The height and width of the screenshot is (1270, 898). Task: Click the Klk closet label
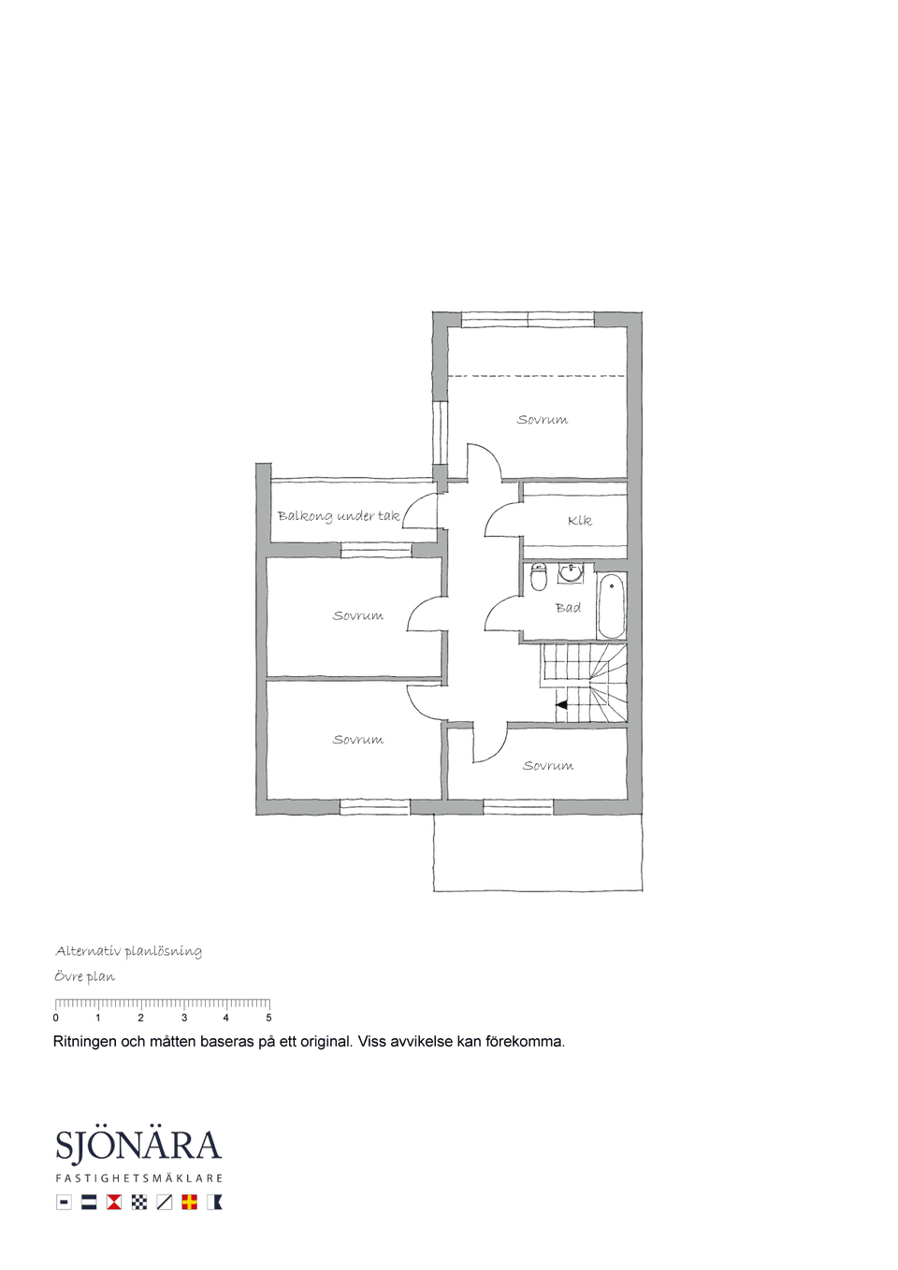pyautogui.click(x=580, y=521)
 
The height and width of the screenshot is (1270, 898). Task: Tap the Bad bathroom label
pyautogui.click(x=568, y=608)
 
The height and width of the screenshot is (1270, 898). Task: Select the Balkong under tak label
pyautogui.click(x=339, y=516)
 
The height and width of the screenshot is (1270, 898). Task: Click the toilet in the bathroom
pyautogui.click(x=539, y=576)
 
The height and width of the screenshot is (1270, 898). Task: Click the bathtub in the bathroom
pyautogui.click(x=612, y=605)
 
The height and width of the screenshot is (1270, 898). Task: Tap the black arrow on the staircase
pyautogui.click(x=562, y=705)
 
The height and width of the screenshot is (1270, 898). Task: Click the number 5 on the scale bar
pyautogui.click(x=268, y=1017)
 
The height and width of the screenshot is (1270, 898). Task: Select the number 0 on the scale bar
pyautogui.click(x=55, y=1017)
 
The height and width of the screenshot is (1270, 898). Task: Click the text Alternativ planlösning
pyautogui.click(x=129, y=951)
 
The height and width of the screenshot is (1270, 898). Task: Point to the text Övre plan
pyautogui.click(x=85, y=977)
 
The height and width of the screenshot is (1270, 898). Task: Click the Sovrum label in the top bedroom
pyautogui.click(x=543, y=420)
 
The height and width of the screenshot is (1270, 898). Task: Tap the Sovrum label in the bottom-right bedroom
pyautogui.click(x=548, y=765)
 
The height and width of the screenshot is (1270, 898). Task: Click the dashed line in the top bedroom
pyautogui.click(x=537, y=375)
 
